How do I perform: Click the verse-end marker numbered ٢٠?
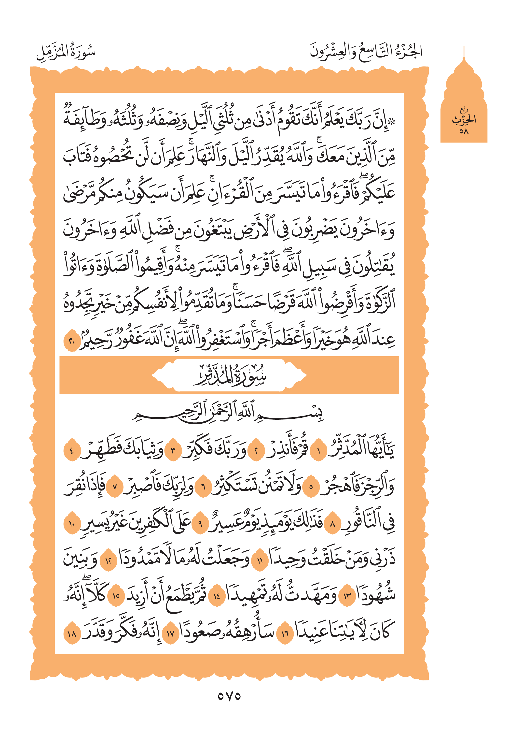point(71,341)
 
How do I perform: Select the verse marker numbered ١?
point(318,451)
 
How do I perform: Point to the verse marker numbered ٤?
point(71,451)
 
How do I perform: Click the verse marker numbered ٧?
point(114,487)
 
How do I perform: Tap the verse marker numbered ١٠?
point(71,523)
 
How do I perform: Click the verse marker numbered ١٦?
point(285,633)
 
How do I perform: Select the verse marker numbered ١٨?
point(71,633)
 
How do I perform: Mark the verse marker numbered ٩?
point(200,523)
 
